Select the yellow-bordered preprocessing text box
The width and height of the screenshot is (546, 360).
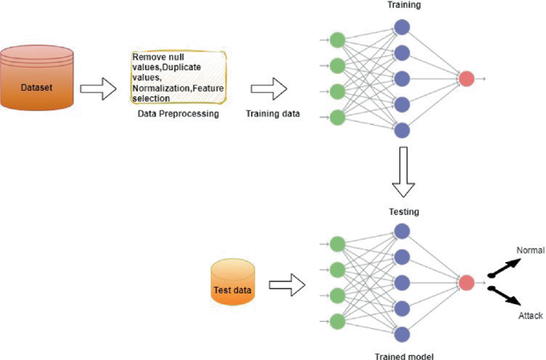[x=179, y=78]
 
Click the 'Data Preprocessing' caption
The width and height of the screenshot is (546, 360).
[x=179, y=114]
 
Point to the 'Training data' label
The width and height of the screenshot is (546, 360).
[x=273, y=114]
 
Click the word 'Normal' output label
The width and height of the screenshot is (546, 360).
[x=530, y=250]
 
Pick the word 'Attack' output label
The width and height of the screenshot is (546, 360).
[x=530, y=316]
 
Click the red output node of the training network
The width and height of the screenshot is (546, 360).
[x=467, y=79]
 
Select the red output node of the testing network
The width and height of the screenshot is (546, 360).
[x=467, y=283]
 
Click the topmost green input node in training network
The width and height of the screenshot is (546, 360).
[x=337, y=40]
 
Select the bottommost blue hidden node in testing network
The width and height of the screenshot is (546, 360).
[x=403, y=335]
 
